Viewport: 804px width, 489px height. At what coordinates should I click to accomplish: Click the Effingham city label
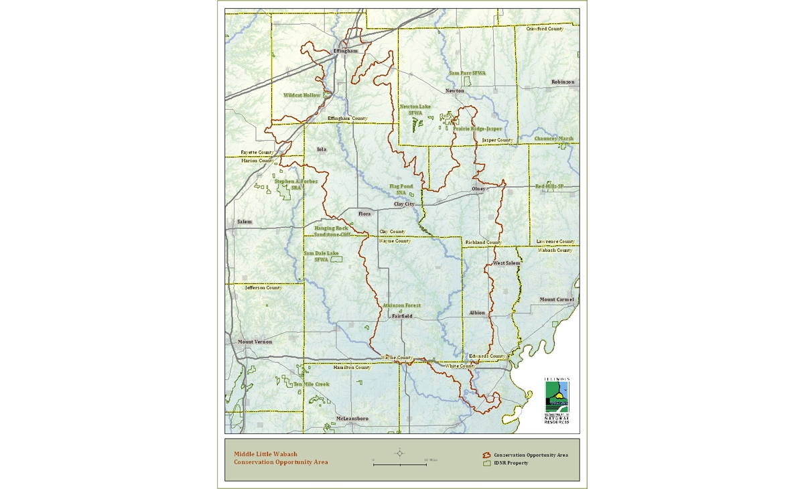coord(346,51)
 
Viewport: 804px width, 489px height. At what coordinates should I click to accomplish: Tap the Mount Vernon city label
coord(255,342)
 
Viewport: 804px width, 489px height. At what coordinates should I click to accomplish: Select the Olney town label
coord(478,189)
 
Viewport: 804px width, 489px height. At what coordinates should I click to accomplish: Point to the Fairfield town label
coord(402,316)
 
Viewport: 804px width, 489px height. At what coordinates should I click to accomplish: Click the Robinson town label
coord(563,82)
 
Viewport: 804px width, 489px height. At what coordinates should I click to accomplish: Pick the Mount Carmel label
coord(557,299)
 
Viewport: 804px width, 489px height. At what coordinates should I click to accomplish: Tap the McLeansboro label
coord(352,419)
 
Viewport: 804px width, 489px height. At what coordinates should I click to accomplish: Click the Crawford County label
coord(545,29)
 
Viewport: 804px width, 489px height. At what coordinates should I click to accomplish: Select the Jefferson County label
coord(263,287)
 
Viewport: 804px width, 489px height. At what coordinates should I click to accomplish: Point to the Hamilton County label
coord(352,368)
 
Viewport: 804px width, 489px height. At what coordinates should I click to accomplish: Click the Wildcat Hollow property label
coord(301,95)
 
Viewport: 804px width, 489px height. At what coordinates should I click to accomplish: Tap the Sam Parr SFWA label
coord(467,73)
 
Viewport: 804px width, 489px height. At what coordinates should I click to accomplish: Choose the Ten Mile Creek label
coord(312,385)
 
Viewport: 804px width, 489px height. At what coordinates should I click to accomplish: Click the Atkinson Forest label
coord(401,305)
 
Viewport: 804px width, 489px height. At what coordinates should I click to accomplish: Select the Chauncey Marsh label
coord(553,139)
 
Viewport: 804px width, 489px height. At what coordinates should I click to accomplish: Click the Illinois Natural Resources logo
coord(557,401)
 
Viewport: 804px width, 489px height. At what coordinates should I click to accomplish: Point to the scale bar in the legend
coord(400,464)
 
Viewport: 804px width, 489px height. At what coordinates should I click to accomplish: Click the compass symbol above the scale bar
coord(400,453)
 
